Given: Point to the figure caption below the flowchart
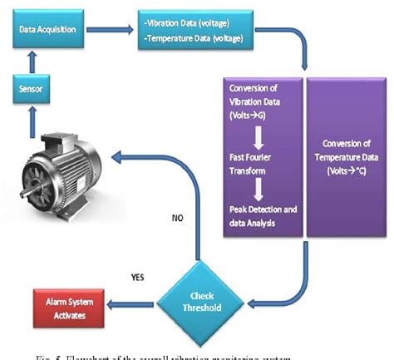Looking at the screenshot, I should [166, 355].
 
